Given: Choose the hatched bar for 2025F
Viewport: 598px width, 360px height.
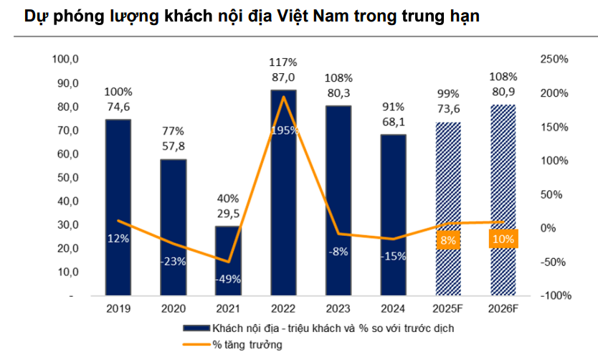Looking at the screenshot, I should pyautogui.click(x=448, y=208).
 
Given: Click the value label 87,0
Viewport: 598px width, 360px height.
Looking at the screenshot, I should pyautogui.click(x=283, y=77).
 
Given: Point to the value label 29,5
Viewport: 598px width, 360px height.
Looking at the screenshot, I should pyautogui.click(x=228, y=213).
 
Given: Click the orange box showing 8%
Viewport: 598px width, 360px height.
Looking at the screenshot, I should pyautogui.click(x=448, y=240).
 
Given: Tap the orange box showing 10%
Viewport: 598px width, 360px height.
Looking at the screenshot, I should pyautogui.click(x=503, y=239).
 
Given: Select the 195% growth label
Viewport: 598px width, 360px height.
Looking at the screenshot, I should pyautogui.click(x=283, y=130).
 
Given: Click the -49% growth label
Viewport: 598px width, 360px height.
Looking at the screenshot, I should pyautogui.click(x=228, y=279).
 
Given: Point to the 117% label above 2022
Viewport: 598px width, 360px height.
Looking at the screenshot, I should pyautogui.click(x=283, y=63).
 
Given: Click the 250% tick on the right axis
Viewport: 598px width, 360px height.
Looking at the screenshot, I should pyautogui.click(x=553, y=60).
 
